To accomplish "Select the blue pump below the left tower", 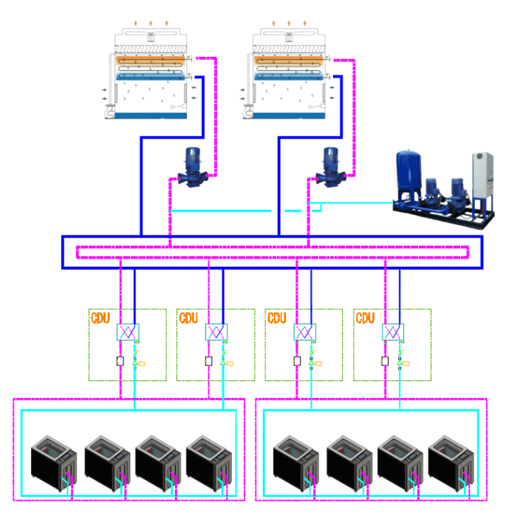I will [x=191, y=168].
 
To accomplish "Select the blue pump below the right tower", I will [x=329, y=168].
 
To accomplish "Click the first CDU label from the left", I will [x=100, y=318].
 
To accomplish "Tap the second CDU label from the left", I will [x=188, y=318].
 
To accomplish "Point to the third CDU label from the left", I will [x=277, y=318].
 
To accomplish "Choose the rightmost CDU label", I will [x=366, y=318].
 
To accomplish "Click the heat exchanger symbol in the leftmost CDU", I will [x=127, y=333].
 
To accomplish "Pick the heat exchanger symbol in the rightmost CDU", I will [x=393, y=333].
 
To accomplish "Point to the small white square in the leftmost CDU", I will [x=120, y=361].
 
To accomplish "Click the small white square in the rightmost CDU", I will [x=385, y=361].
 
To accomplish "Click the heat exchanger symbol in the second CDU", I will [x=216, y=333].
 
